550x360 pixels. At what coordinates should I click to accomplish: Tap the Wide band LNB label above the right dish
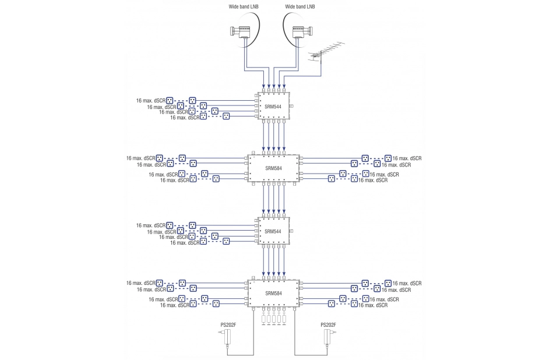[301, 6]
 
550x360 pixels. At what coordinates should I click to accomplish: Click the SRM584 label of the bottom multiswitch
[273, 293]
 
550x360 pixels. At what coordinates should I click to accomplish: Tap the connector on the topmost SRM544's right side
[291, 106]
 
